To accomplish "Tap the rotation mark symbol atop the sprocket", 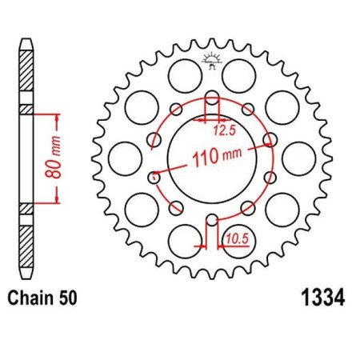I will [x=212, y=57].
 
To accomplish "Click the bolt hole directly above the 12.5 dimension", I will [x=212, y=100].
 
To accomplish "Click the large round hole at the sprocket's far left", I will [x=123, y=158].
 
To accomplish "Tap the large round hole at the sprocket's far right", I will [x=299, y=158].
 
